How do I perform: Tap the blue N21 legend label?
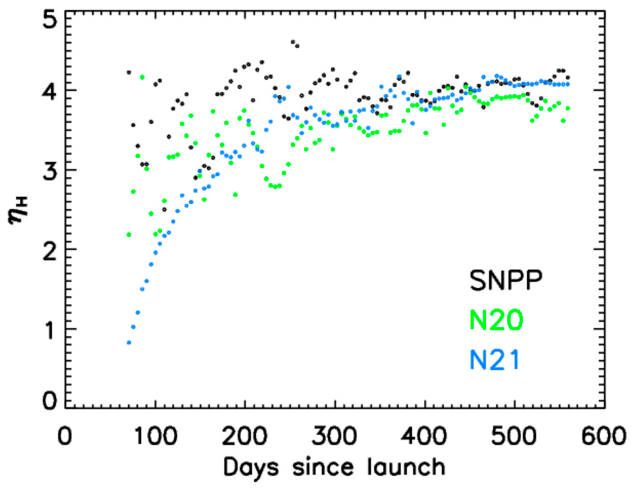[494, 360]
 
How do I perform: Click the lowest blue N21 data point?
[129, 343]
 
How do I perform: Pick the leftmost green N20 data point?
[129, 235]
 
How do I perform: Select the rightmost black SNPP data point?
[567, 78]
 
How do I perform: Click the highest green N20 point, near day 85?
[142, 77]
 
